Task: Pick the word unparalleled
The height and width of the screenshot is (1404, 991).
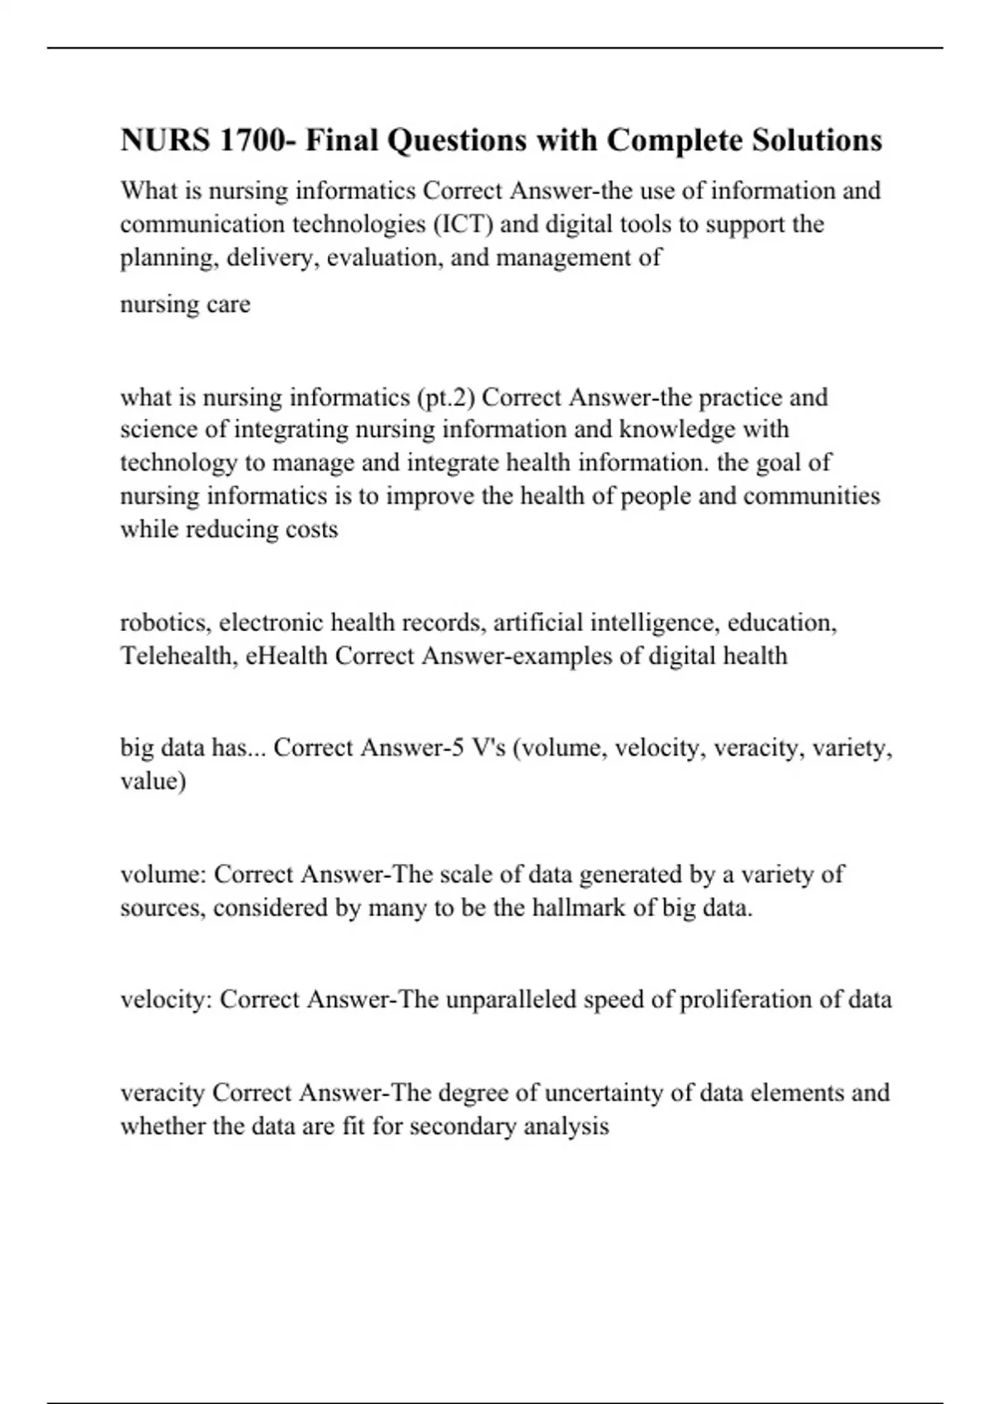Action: [x=510, y=1000]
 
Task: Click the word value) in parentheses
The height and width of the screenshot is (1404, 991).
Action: [x=153, y=781]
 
